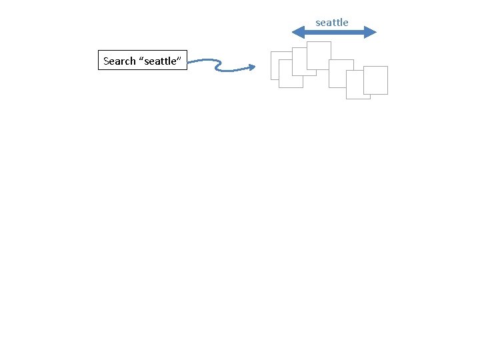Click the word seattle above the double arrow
(332, 23)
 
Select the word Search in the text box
(119, 61)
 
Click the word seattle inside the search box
(160, 61)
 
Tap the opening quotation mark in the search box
(141, 59)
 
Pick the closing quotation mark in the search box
(180, 59)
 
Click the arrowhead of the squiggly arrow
(252, 67)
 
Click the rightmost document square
(376, 81)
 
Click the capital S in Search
(107, 61)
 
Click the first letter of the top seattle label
(318, 23)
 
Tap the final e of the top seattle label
(345, 23)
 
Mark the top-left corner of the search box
(99, 51)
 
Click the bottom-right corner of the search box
(188, 70)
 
